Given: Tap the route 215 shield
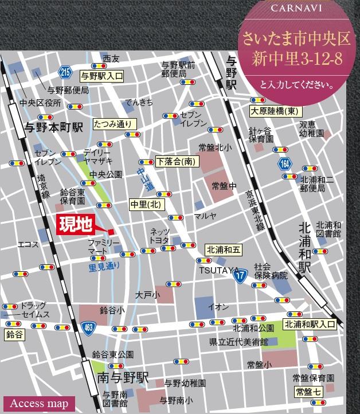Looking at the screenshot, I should point(65,71).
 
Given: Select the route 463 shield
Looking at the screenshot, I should point(87,327).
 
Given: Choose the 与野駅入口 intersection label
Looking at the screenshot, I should point(101,75).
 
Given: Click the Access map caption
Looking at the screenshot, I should point(39,403).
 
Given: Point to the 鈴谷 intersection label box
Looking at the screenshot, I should point(15,334).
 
